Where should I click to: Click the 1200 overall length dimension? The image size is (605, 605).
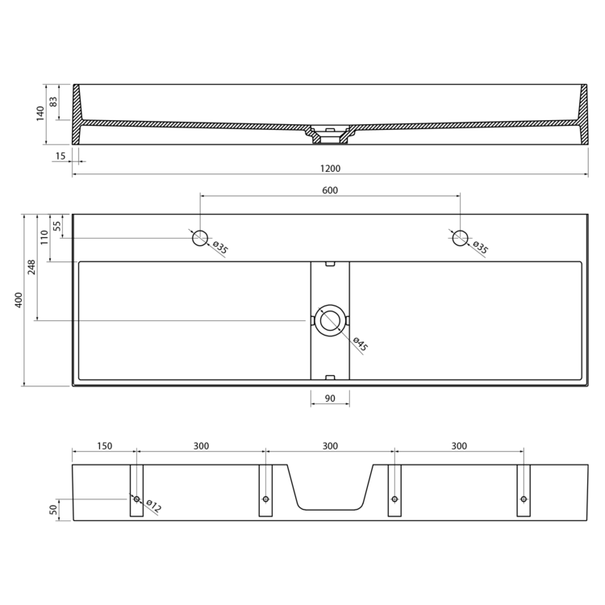tap(330, 169)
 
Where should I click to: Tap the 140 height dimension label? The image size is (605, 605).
tap(40, 114)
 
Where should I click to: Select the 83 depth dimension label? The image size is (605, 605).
tap(53, 102)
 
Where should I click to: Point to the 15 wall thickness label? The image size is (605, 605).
tap(60, 156)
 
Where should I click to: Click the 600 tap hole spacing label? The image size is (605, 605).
tap(330, 190)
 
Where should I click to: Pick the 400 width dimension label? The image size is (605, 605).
tap(19, 300)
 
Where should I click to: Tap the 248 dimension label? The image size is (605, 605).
tap(31, 267)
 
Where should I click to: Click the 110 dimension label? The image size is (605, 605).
tap(44, 237)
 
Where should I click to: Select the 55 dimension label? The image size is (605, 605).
tap(56, 226)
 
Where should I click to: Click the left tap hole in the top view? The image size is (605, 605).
tap(200, 238)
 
